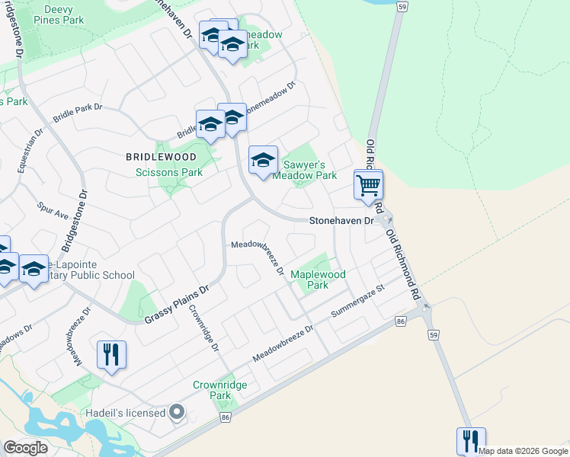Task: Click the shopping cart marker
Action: [x=368, y=184]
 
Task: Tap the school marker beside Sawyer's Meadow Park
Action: [x=264, y=161]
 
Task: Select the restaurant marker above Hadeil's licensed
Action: [x=111, y=355]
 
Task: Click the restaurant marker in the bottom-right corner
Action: [x=471, y=442]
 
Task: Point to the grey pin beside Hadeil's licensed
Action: [x=178, y=413]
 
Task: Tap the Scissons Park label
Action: [x=168, y=172]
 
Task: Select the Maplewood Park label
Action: [x=318, y=280]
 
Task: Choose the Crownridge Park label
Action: [x=220, y=390]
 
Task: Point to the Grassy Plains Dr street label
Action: [x=177, y=305]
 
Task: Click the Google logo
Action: [x=26, y=448]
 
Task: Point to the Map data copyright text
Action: [x=523, y=451]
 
